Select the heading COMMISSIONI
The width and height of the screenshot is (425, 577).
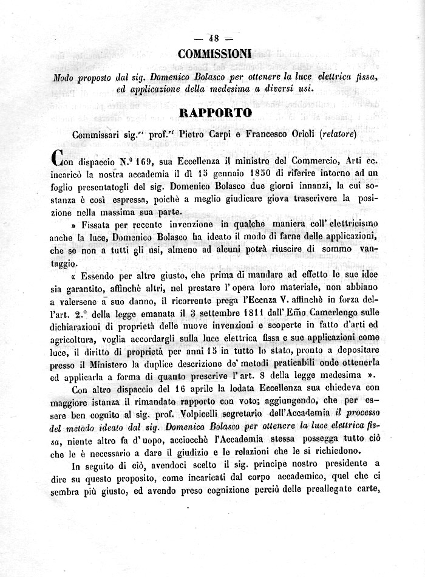pyautogui.click(x=215, y=54)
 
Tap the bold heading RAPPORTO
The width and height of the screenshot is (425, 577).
pyautogui.click(x=215, y=113)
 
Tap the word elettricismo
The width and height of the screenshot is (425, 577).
pyautogui.click(x=344, y=225)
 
